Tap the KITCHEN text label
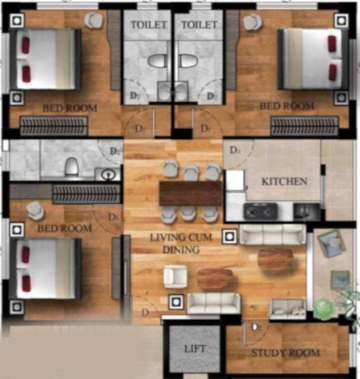285,181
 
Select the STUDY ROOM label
285,353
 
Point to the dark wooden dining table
191,193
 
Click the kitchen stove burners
258,210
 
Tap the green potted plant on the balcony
324,308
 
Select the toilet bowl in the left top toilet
156,61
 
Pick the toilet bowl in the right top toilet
188,61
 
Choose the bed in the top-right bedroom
310,58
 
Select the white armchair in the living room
175,276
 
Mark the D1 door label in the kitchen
235,151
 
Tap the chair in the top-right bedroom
252,23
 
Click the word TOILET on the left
148,25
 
